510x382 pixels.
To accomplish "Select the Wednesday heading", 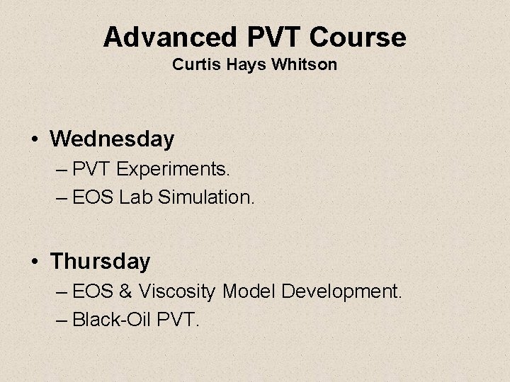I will click(x=112, y=139).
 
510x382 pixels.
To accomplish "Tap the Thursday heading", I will click(x=101, y=262).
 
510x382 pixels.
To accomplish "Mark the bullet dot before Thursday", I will click(x=35, y=262).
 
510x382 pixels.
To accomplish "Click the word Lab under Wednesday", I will click(x=131, y=197).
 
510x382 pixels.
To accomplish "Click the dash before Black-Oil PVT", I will click(x=61, y=320).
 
